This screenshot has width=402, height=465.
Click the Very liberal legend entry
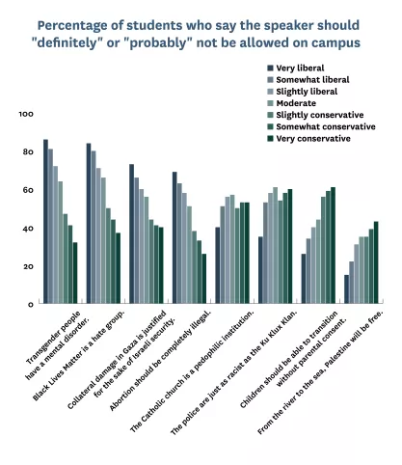pos(298,68)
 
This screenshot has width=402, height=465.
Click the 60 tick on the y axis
pos(28,191)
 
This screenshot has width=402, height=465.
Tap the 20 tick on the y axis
pos(28,267)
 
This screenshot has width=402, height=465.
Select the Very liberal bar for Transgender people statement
pos(45,222)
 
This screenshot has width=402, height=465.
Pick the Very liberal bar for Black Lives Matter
pos(89,224)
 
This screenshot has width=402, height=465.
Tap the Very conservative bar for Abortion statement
pos(203,279)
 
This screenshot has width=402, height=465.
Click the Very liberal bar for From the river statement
pos(347,289)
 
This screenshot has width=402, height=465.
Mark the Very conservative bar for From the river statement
pos(376,262)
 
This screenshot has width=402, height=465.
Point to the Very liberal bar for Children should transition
pos(304,279)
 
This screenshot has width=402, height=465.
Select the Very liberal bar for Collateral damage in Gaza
pos(132,234)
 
